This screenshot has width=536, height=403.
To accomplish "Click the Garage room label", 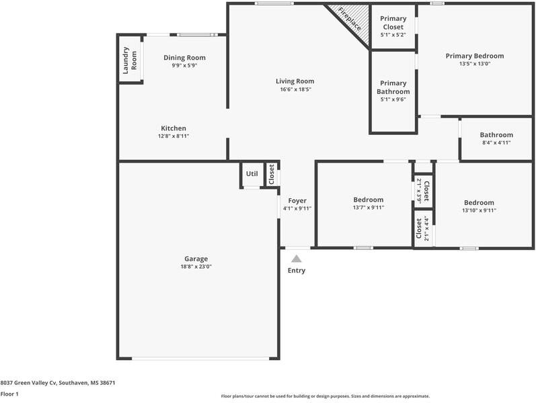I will pyautogui.click(x=196, y=259).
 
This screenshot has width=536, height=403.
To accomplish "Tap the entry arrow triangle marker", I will pyautogui.click(x=296, y=258).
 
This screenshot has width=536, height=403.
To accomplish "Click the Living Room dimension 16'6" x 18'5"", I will pyautogui.click(x=296, y=89).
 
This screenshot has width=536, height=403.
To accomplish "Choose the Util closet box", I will pyautogui.click(x=252, y=174).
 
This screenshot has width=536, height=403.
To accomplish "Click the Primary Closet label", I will pyautogui.click(x=392, y=23).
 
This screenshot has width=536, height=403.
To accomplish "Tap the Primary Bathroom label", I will pyautogui.click(x=393, y=87).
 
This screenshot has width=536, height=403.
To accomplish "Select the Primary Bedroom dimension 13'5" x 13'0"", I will pyautogui.click(x=475, y=64).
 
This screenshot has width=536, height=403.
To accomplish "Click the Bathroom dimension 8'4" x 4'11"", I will pyautogui.click(x=496, y=142).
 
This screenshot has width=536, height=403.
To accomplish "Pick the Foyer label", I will pyautogui.click(x=297, y=200).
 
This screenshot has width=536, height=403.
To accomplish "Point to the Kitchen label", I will pyautogui.click(x=174, y=128).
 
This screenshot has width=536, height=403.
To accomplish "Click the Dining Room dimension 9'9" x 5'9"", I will pyautogui.click(x=184, y=66).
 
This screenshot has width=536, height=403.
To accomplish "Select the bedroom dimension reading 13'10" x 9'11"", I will pyautogui.click(x=479, y=210).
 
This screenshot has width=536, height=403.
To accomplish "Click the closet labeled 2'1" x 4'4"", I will pyautogui.click(x=422, y=229).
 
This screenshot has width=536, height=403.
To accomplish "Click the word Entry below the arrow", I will pyautogui.click(x=297, y=271).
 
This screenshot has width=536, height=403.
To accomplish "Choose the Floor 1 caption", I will pyautogui.click(x=9, y=394).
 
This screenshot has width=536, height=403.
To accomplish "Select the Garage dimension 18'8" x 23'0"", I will pyautogui.click(x=196, y=267).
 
